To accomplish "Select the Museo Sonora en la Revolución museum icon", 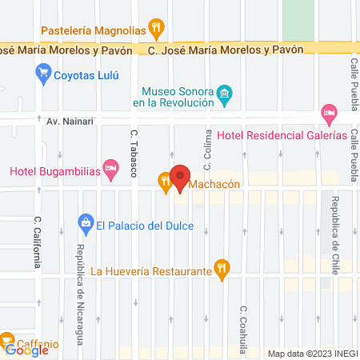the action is coord(225,96).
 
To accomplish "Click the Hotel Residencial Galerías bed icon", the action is coord(328,113).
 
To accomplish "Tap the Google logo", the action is coord(26,350).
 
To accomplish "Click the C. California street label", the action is coord(37,242).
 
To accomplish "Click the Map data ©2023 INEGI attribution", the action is coord(312,354).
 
